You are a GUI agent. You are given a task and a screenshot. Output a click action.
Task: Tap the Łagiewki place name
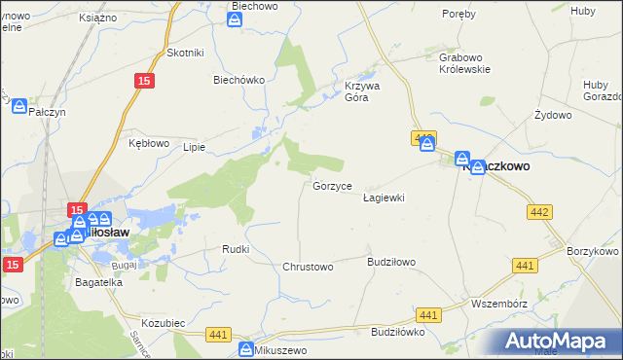(x=383, y=197)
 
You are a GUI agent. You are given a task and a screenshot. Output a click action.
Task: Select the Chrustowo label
(x=308, y=266)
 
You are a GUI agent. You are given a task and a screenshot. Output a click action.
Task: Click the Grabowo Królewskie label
(x=462, y=63)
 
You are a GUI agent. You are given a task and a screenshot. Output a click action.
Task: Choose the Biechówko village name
(x=239, y=81)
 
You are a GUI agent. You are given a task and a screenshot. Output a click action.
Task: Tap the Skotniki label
(x=184, y=53)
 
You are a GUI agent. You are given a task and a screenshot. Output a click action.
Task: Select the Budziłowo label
(x=391, y=262)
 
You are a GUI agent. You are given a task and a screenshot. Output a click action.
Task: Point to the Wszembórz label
(x=497, y=302)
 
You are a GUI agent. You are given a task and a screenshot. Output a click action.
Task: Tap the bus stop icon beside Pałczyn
(x=18, y=108)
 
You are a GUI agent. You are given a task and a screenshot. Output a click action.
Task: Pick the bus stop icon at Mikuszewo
(x=247, y=349)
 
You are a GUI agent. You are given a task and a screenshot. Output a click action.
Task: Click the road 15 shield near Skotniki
(x=144, y=84)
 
